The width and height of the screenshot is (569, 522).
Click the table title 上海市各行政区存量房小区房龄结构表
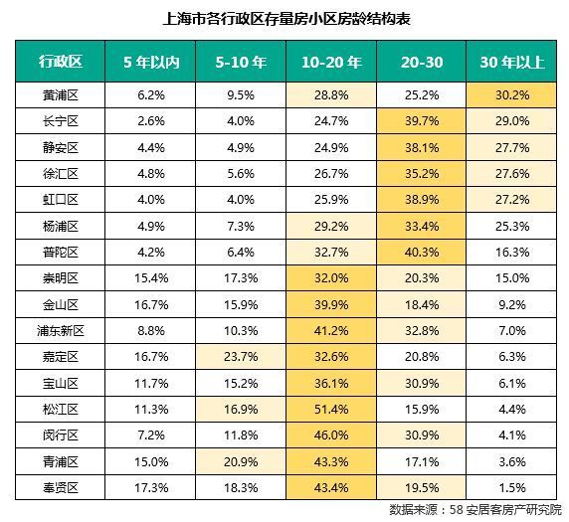pos(286,18)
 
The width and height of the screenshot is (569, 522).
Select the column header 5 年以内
pos(151,62)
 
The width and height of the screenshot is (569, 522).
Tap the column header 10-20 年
pos(331,62)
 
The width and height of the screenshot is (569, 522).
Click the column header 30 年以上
pos(512,62)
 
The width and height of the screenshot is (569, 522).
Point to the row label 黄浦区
pos(61,95)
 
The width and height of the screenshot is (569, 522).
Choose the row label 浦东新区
pos(61,331)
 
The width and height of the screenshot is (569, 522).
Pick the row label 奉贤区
pos(61,487)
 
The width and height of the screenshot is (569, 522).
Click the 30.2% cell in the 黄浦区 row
pos(512,95)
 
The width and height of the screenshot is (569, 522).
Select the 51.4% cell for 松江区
pos(331,410)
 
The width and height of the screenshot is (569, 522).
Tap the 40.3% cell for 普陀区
pos(422,253)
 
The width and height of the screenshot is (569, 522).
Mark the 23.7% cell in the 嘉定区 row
pos(241,357)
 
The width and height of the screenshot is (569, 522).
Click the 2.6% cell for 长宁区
pos(151,120)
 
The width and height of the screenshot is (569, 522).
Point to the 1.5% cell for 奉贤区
pos(512,487)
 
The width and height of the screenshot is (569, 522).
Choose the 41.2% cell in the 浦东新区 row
pos(331,331)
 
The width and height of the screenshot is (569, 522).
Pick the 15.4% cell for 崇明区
pos(151,278)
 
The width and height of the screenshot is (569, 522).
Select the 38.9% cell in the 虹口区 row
pos(422,199)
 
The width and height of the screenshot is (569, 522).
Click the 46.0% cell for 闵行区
pos(331,435)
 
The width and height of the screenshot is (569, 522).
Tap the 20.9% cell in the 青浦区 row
pos(241,461)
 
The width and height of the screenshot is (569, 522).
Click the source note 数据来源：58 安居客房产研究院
pos(475,510)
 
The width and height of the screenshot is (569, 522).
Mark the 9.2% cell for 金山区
pos(512,304)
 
